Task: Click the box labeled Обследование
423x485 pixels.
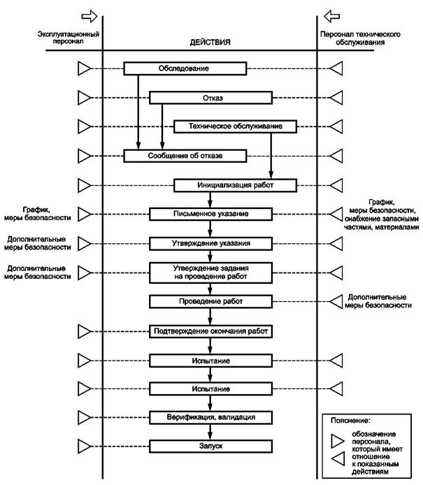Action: point(185,68)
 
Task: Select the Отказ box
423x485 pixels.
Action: point(210,98)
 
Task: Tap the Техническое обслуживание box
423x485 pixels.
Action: point(235,126)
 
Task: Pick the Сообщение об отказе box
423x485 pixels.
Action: point(185,156)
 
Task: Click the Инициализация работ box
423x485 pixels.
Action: point(235,185)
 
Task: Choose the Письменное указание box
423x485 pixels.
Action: point(210,214)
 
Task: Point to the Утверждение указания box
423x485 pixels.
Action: point(210,243)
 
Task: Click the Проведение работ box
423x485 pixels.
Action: point(210,301)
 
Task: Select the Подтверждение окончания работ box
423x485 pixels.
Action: point(210,331)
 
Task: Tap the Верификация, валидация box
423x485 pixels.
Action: point(210,417)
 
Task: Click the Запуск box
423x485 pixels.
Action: point(210,447)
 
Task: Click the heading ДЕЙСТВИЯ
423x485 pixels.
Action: point(210,43)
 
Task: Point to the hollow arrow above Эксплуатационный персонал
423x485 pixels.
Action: point(89,16)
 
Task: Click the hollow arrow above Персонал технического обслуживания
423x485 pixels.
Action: point(331,16)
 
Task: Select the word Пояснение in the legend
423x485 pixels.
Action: point(350,421)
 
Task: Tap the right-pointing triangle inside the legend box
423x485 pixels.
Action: point(337,441)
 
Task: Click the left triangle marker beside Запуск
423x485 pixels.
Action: point(84,447)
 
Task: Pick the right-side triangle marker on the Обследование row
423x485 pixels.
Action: point(336,68)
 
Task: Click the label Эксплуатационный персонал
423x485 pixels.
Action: point(69,38)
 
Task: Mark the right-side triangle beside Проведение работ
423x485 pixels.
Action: point(336,301)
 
